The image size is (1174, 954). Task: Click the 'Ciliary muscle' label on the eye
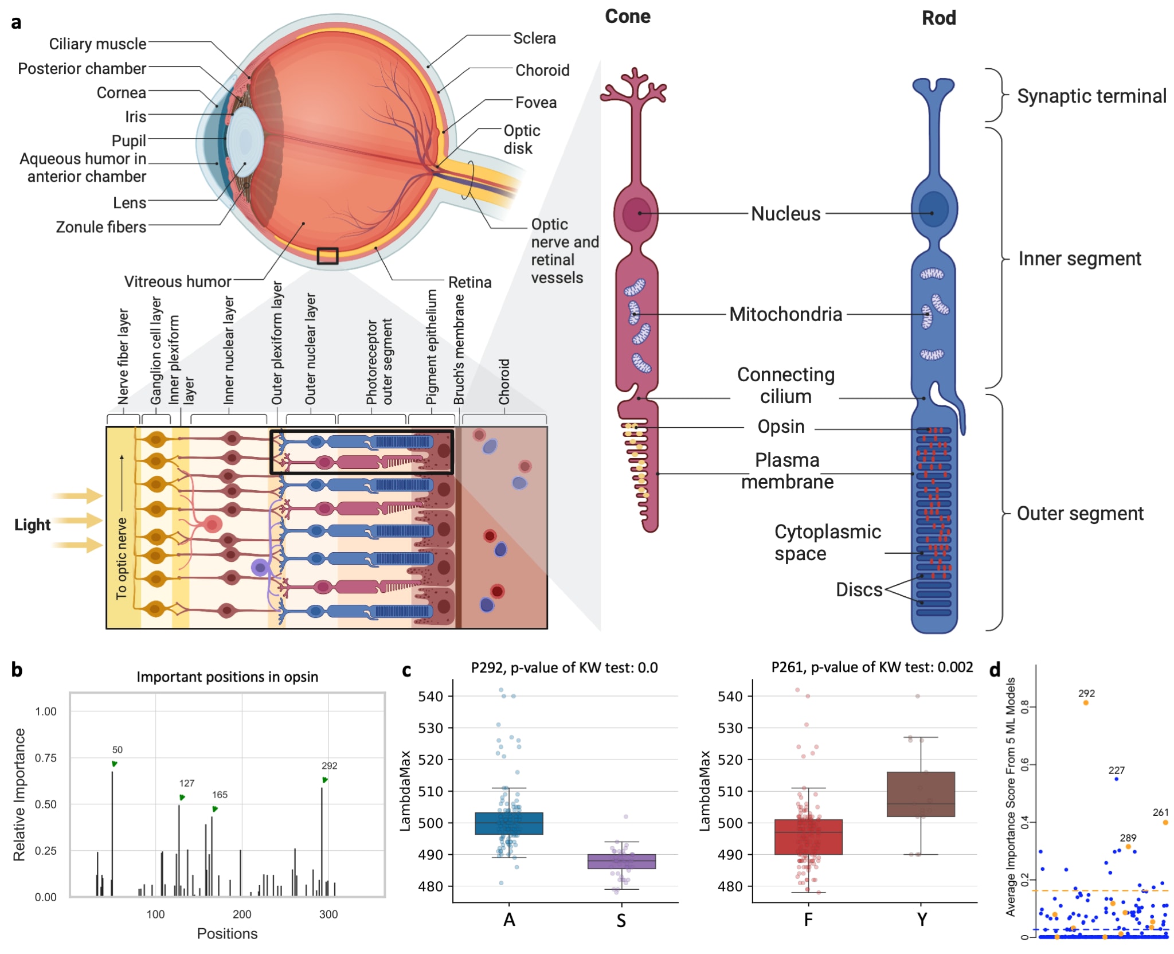(97, 44)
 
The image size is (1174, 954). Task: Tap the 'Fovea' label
(536, 103)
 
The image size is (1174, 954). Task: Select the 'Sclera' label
(534, 38)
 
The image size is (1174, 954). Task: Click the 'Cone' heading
(628, 17)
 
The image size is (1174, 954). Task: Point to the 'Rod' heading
(938, 18)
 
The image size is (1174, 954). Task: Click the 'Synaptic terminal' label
(1091, 96)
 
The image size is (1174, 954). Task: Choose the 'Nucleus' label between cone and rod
(786, 214)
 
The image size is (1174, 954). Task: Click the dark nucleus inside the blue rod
(933, 209)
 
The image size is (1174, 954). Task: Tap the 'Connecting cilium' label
(786, 385)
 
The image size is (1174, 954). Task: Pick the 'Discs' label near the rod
(859, 589)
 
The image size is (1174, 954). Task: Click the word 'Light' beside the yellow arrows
(32, 525)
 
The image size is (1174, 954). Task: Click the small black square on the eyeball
(327, 256)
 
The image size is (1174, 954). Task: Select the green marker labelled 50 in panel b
(115, 764)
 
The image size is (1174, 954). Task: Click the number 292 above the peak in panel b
(329, 766)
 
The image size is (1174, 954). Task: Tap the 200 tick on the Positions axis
(242, 914)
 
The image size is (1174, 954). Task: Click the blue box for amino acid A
(509, 823)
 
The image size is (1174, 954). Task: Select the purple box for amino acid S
(621, 862)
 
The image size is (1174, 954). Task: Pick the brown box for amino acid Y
(921, 794)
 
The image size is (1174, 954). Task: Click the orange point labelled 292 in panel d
(1086, 702)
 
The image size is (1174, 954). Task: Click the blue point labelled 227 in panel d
(1116, 779)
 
